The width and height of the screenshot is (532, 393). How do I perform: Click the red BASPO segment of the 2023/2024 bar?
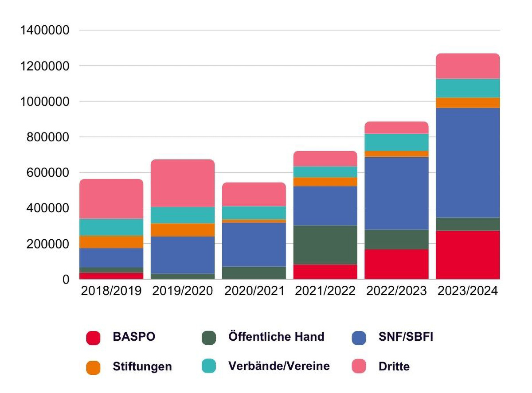[468, 255]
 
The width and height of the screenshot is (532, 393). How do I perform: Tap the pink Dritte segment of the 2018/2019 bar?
[111, 199]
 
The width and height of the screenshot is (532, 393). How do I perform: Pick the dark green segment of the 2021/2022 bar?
[325, 245]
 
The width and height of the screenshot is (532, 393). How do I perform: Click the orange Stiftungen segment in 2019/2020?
[183, 230]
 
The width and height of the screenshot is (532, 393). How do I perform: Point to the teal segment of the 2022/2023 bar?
[396, 142]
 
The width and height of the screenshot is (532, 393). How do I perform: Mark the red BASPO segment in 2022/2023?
[396, 264]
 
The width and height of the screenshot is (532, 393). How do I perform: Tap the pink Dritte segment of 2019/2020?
[183, 183]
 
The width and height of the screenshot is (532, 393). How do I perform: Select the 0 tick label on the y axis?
[66, 280]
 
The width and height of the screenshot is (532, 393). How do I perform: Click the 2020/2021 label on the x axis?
[254, 291]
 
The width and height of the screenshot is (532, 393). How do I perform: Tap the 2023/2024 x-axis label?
[468, 291]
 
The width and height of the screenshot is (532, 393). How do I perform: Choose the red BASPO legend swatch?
[93, 338]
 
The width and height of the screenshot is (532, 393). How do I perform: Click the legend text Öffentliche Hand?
[276, 337]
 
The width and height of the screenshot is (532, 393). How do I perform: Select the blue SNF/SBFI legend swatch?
[359, 338]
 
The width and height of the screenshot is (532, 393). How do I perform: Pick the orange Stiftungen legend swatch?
[93, 367]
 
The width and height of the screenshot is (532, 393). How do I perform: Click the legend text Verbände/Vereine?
[279, 366]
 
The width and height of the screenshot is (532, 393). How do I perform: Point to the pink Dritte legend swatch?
[359, 367]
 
